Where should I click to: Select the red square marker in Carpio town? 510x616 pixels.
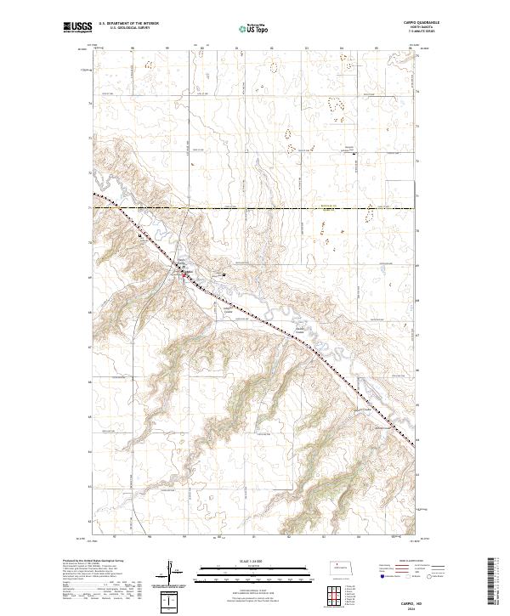point(187,274)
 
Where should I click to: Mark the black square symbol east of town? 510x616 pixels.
point(223,274)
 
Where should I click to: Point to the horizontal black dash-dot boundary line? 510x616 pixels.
point(255,206)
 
